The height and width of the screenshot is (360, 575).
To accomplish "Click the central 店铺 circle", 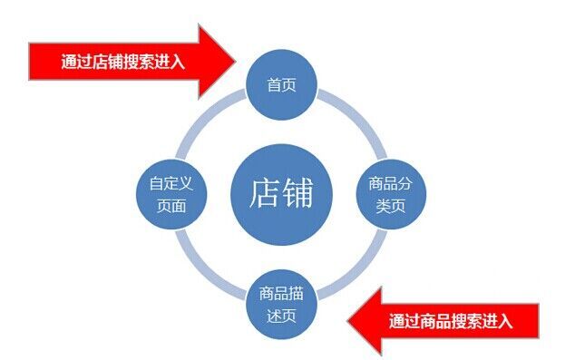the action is pyautogui.click(x=281, y=194).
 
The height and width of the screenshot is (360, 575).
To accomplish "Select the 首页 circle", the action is pyautogui.click(x=281, y=84).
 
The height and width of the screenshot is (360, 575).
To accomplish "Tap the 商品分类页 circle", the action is pyautogui.click(x=391, y=194).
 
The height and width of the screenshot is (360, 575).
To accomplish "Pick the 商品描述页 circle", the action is pyautogui.click(x=281, y=305).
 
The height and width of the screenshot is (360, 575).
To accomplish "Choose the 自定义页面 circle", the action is pyautogui.click(x=171, y=194).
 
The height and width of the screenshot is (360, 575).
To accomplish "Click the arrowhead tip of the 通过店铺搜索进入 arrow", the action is pyautogui.click(x=236, y=61).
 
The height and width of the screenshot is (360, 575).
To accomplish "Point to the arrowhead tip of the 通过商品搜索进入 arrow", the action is pyautogui.click(x=347, y=321).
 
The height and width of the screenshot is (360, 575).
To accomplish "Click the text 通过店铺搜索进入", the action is pyautogui.click(x=122, y=62).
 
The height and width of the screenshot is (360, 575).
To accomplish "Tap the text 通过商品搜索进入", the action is pyautogui.click(x=451, y=322).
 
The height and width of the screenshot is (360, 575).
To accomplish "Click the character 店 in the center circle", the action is pyautogui.click(x=265, y=193).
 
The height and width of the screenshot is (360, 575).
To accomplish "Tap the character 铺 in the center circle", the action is pyautogui.click(x=297, y=193).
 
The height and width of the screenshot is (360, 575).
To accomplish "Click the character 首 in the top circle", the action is pyautogui.click(x=274, y=85).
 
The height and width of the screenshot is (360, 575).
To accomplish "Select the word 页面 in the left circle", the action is pyautogui.click(x=171, y=206).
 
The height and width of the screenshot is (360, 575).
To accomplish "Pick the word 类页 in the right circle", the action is pyautogui.click(x=391, y=206).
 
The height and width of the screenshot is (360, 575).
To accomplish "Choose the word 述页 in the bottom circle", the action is pyautogui.click(x=281, y=316).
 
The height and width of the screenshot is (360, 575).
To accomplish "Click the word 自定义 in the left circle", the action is pyautogui.click(x=171, y=183).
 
